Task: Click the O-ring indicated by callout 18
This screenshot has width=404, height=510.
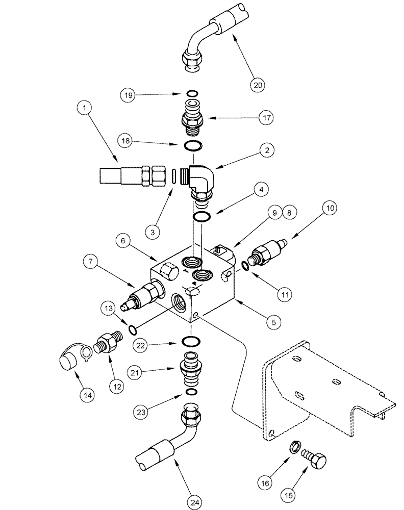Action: (192, 146)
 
